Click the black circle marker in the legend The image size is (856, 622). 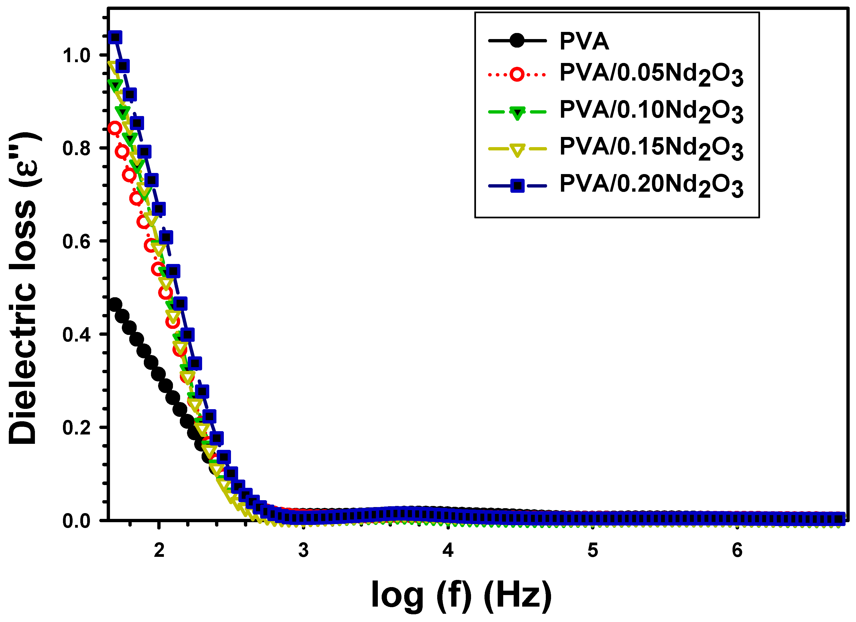pyautogui.click(x=517, y=40)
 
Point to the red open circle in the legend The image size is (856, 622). pyautogui.click(x=517, y=74)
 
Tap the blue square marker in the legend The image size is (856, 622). pyautogui.click(x=517, y=186)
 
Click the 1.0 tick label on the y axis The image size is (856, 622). pyautogui.click(x=77, y=56)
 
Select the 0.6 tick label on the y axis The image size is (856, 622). pyautogui.click(x=77, y=241)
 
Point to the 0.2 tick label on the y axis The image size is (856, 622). pyautogui.click(x=77, y=428)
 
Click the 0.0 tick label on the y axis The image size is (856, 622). pyautogui.click(x=77, y=521)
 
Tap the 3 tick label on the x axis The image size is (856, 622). pyautogui.click(x=304, y=550)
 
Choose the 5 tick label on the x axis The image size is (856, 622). pyautogui.click(x=593, y=550)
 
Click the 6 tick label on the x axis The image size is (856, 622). pyautogui.click(x=737, y=550)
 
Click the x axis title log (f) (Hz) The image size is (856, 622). pyautogui.click(x=461, y=595)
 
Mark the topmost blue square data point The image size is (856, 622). pyautogui.click(x=115, y=37)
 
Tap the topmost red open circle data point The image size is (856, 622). pyautogui.click(x=115, y=128)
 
